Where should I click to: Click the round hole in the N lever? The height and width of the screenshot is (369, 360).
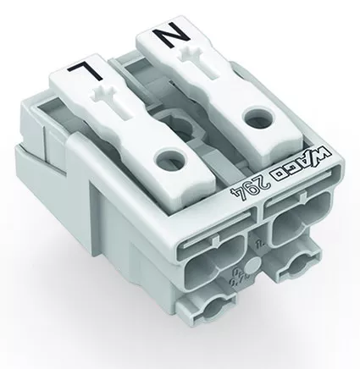click(x=259, y=119)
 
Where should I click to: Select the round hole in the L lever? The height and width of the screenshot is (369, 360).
click(x=169, y=160)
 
